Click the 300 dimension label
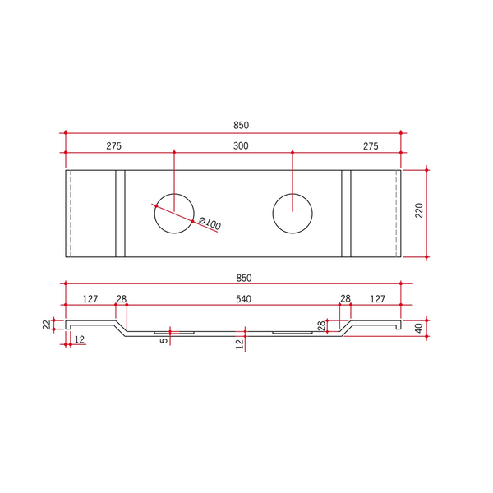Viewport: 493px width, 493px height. pyautogui.click(x=241, y=146)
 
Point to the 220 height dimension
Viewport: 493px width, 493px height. pyautogui.click(x=419, y=210)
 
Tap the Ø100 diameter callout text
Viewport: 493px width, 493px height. pyautogui.click(x=210, y=223)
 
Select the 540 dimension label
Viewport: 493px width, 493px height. pyautogui.click(x=244, y=299)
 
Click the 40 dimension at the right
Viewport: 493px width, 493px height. pyautogui.click(x=419, y=328)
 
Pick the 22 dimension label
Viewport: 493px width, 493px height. pyautogui.click(x=47, y=325)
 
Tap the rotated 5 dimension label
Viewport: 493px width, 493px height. pyautogui.click(x=164, y=340)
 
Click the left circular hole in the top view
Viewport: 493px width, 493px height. pyautogui.click(x=174, y=194)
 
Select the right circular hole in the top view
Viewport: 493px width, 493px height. pyautogui.click(x=293, y=194)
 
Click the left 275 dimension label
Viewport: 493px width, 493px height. pyautogui.click(x=114, y=146)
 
